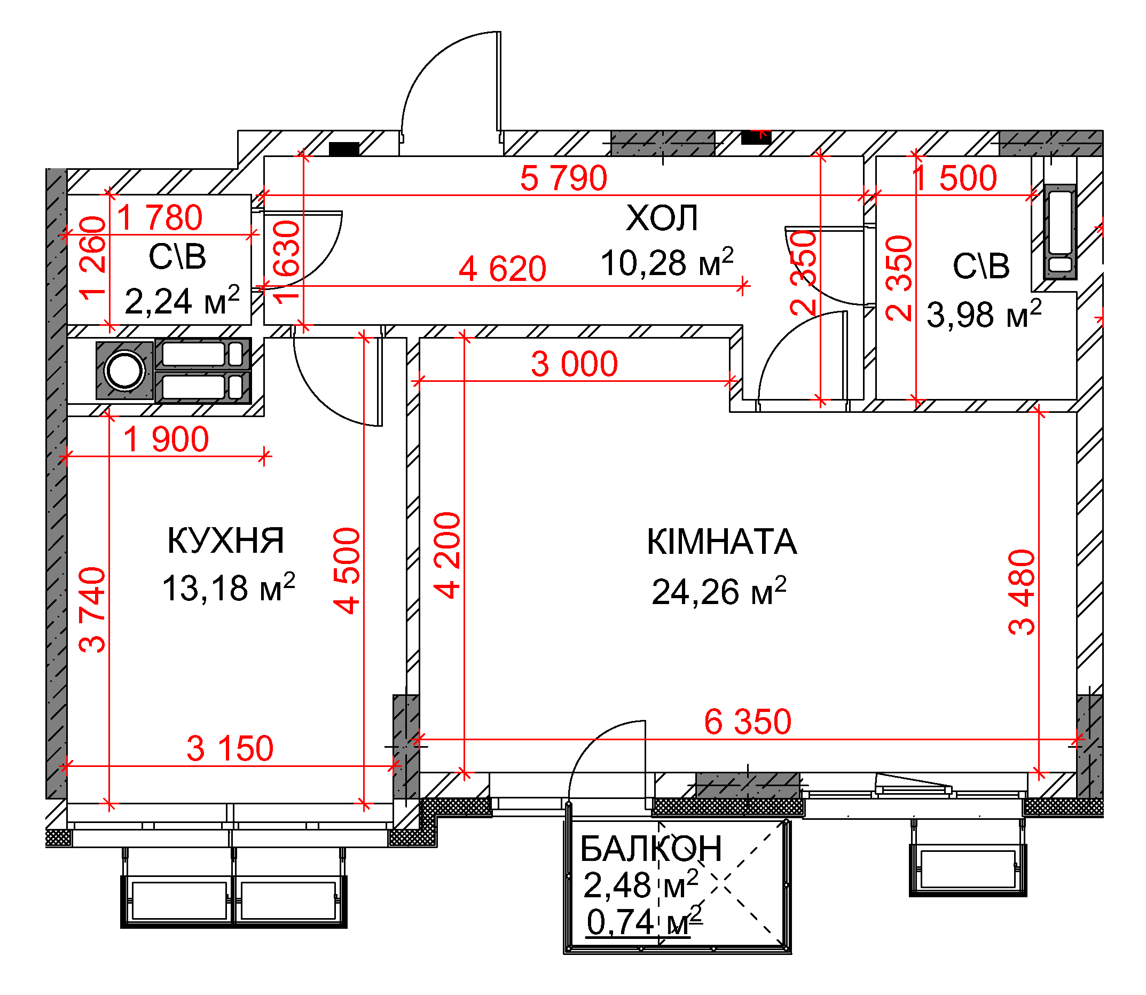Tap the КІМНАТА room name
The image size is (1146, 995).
[x=721, y=542]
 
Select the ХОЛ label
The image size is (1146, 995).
[x=661, y=218]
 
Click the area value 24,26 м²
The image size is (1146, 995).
[x=718, y=591]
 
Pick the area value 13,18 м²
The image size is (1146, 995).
[x=228, y=587]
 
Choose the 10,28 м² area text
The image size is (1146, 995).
[x=667, y=262]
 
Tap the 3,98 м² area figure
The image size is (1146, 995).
[x=984, y=314]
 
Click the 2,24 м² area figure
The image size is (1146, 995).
[x=182, y=301]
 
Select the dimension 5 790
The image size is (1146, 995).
[x=563, y=178]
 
